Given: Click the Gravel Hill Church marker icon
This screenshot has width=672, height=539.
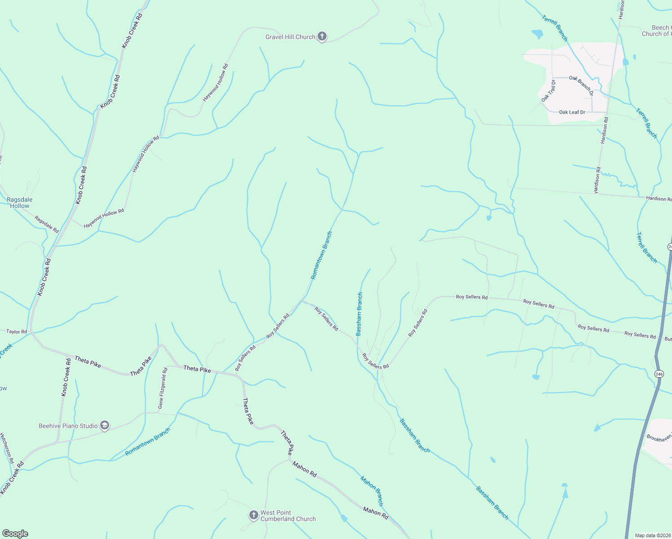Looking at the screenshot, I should (x=322, y=37).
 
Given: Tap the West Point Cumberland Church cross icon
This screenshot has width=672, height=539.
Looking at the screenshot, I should (x=253, y=515).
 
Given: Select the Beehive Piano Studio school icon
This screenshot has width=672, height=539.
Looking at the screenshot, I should (x=105, y=426).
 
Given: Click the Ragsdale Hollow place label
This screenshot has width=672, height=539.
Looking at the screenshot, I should (x=20, y=203).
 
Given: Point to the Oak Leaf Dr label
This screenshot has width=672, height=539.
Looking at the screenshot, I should (x=572, y=112).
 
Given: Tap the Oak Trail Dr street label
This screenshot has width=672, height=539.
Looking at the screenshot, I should (x=548, y=91).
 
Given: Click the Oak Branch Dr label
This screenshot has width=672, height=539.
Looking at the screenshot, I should (x=581, y=85).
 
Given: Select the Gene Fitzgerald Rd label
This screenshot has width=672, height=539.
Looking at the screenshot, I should (x=162, y=388).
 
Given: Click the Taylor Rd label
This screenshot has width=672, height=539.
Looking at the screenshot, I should (x=17, y=331).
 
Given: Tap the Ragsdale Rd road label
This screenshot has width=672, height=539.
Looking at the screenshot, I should (x=47, y=225).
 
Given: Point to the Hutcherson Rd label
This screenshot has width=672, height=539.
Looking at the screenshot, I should (x=7, y=448).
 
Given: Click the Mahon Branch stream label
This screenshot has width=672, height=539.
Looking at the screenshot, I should (x=372, y=491).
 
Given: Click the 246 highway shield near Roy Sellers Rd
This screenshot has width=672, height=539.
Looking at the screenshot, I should (x=659, y=374).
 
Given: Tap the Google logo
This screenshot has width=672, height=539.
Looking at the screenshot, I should (x=15, y=534).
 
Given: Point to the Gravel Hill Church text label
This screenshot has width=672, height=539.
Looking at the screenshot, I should (x=290, y=37).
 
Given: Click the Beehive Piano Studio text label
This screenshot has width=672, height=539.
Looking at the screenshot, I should (x=68, y=426).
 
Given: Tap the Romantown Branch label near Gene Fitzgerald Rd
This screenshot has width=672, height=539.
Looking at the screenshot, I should (x=148, y=442).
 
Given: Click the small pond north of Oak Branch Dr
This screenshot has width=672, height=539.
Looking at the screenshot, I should (x=537, y=34).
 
